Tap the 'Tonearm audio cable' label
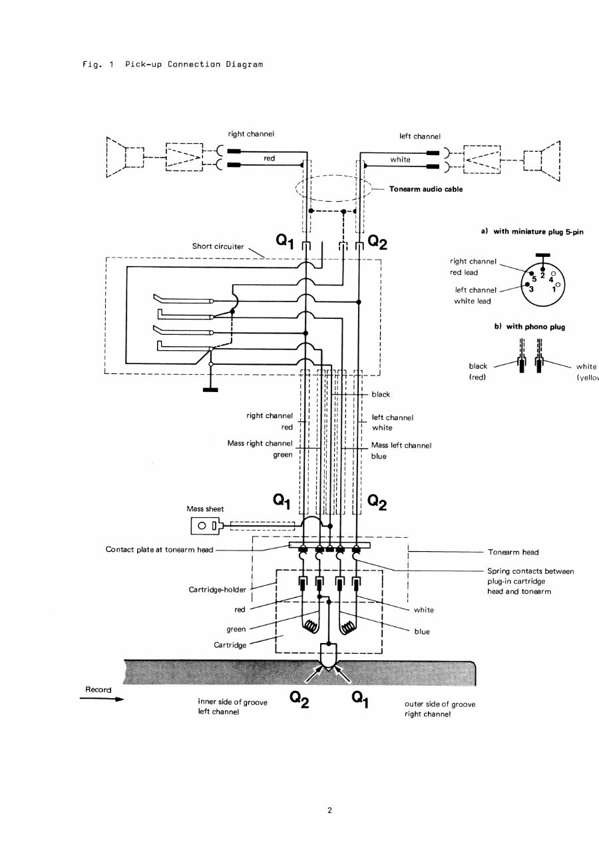[x=426, y=189]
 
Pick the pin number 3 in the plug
[x=531, y=290]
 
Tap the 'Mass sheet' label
[x=206, y=509]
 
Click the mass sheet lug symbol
[x=206, y=527]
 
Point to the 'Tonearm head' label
[x=513, y=552]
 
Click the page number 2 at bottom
[x=329, y=810]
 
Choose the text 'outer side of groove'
[x=440, y=704]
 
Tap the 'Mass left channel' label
[x=401, y=445]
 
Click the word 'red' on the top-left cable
[x=269, y=158]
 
